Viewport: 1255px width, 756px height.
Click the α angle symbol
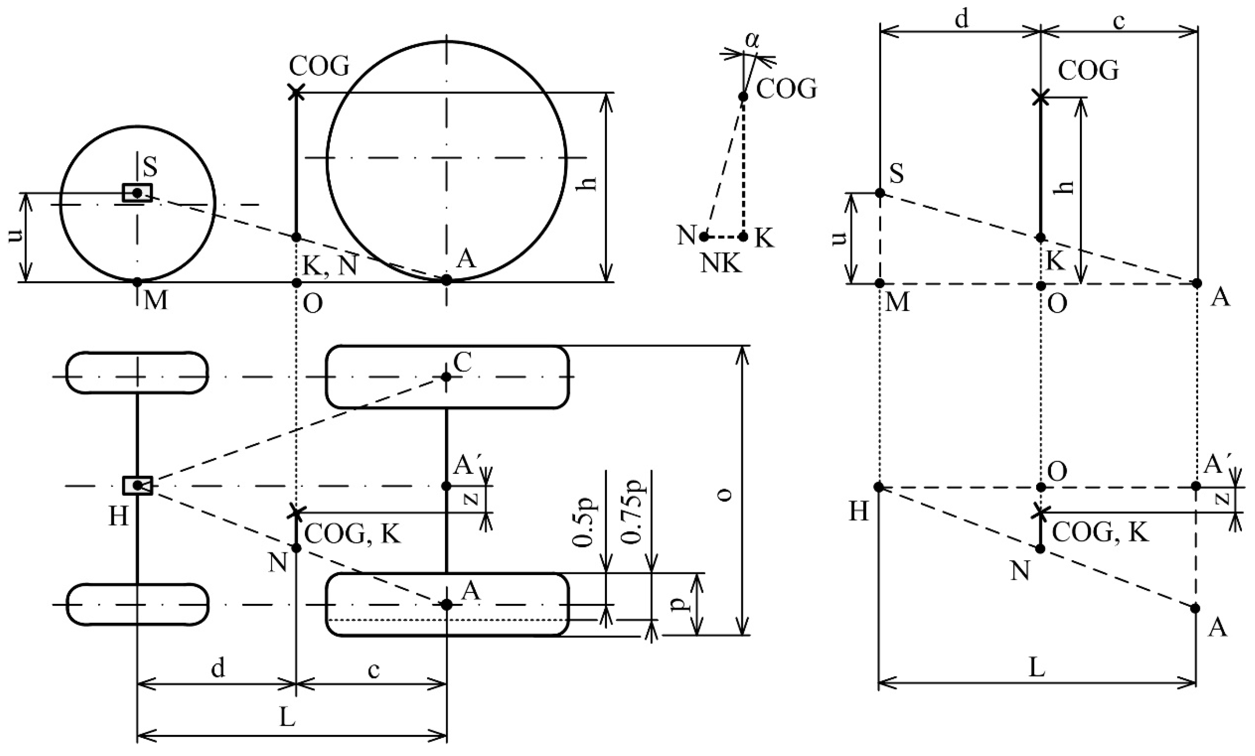click(x=752, y=41)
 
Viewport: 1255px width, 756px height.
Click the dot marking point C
click(x=446, y=377)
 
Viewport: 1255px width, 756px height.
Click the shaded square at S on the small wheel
click(x=137, y=193)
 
